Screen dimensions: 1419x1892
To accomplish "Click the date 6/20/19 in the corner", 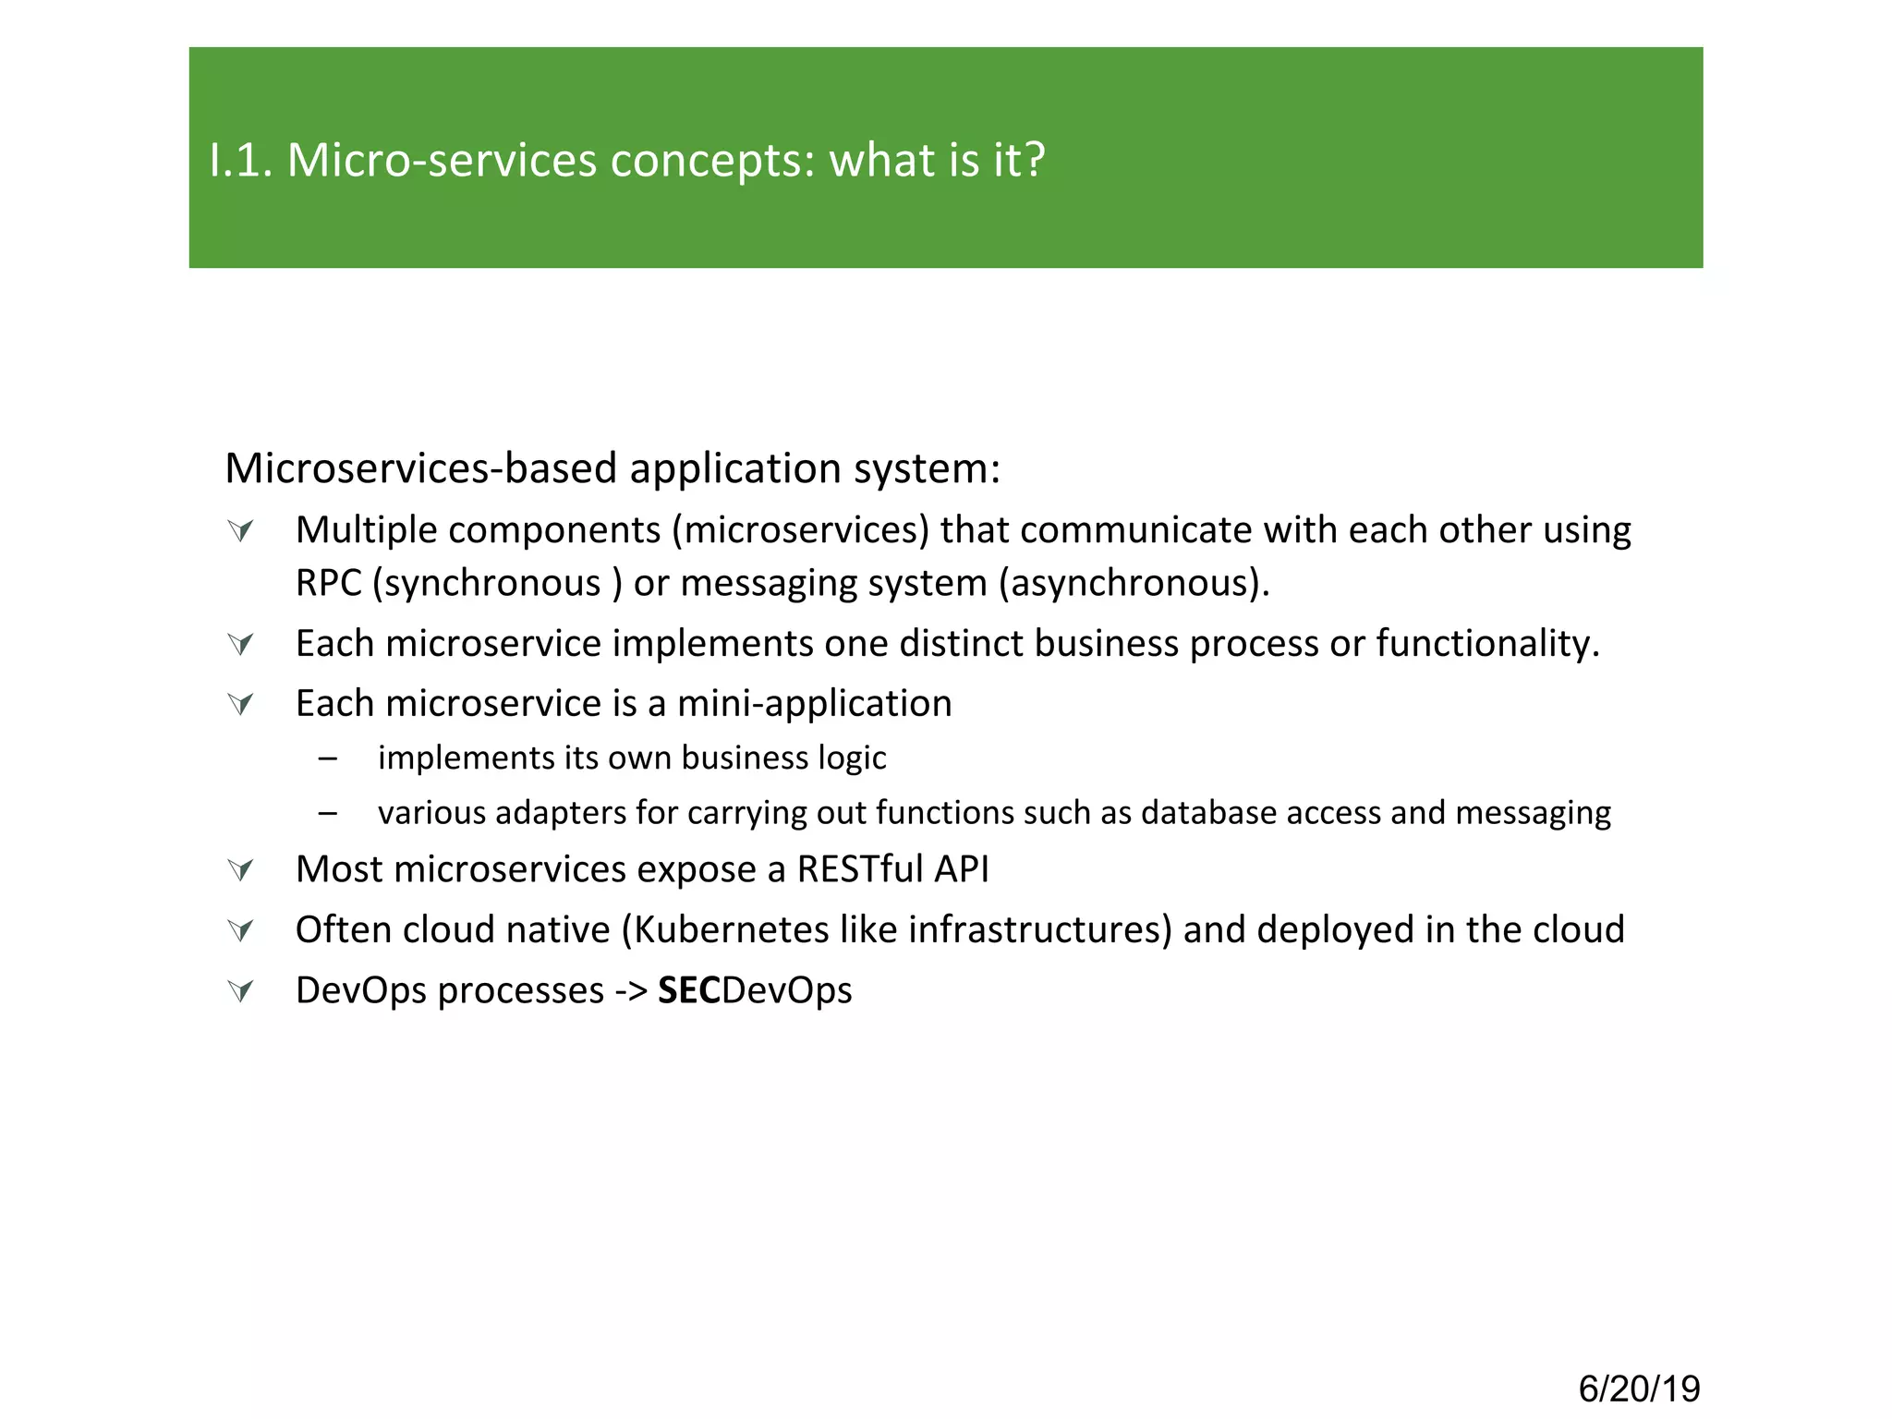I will point(1639,1389).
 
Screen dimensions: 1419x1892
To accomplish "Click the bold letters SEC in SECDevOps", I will point(688,990).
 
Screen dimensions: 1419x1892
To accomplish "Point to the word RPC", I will point(328,584).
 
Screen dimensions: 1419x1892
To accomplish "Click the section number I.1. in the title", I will point(241,160).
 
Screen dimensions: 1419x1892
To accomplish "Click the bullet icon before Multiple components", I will point(240,530).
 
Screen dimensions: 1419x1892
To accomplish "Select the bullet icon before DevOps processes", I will point(240,991).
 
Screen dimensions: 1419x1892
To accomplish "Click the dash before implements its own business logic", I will point(327,758).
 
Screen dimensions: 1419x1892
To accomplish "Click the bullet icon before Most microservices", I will point(240,870).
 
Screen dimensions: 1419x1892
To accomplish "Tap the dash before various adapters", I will point(327,813).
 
